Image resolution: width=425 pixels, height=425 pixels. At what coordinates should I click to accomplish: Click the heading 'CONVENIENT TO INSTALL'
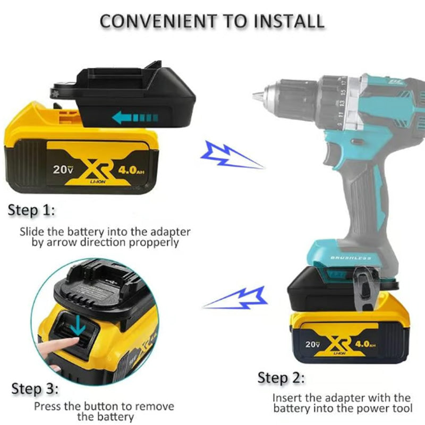click(212, 21)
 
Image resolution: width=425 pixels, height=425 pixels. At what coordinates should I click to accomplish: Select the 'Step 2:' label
click(281, 378)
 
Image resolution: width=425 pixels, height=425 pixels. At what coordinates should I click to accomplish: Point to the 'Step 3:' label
click(35, 389)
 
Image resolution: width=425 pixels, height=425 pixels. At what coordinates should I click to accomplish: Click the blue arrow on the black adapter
click(135, 117)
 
